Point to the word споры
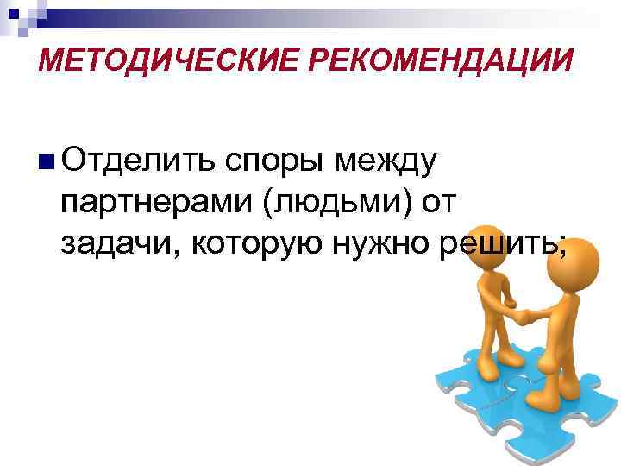[275, 162]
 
